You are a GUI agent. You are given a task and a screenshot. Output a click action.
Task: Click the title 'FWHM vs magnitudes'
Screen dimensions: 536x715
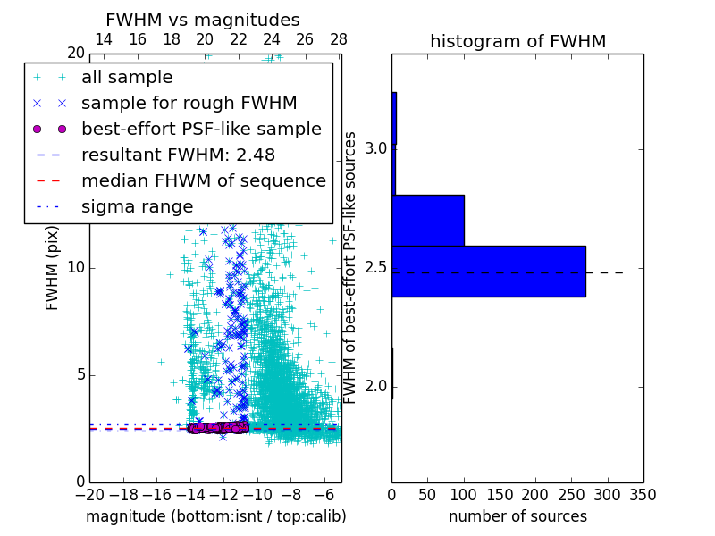(x=203, y=20)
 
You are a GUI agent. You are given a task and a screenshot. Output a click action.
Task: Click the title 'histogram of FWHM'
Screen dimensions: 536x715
(x=517, y=41)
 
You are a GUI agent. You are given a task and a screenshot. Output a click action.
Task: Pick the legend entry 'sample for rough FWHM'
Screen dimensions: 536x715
(x=189, y=103)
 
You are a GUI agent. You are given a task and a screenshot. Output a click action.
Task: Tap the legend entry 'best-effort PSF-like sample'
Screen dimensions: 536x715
(x=201, y=129)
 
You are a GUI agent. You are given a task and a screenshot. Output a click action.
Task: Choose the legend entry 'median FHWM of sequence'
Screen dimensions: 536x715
(x=203, y=180)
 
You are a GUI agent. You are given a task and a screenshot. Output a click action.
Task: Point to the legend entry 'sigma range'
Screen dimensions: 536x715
(x=137, y=206)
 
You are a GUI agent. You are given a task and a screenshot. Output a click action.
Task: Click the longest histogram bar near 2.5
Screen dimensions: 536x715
(x=489, y=271)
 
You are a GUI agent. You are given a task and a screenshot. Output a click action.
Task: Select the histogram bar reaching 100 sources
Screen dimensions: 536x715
(x=428, y=220)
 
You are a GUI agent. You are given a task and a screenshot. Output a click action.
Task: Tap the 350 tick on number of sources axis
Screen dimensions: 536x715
(x=643, y=494)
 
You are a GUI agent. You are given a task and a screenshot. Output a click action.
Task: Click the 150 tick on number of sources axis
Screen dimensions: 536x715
(x=500, y=494)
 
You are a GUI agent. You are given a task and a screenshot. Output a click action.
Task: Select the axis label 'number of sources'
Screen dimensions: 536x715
(x=517, y=516)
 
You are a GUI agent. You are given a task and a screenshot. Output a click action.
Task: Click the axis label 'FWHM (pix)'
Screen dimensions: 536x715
(x=53, y=267)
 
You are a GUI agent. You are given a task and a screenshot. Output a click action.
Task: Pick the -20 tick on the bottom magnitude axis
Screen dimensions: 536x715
(x=88, y=494)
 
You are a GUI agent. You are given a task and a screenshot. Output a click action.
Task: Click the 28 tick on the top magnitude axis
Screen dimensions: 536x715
(x=338, y=39)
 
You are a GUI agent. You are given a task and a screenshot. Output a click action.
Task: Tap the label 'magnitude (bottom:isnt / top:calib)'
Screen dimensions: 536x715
(x=215, y=516)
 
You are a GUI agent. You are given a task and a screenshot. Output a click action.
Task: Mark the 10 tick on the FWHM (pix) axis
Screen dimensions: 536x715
(x=76, y=267)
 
